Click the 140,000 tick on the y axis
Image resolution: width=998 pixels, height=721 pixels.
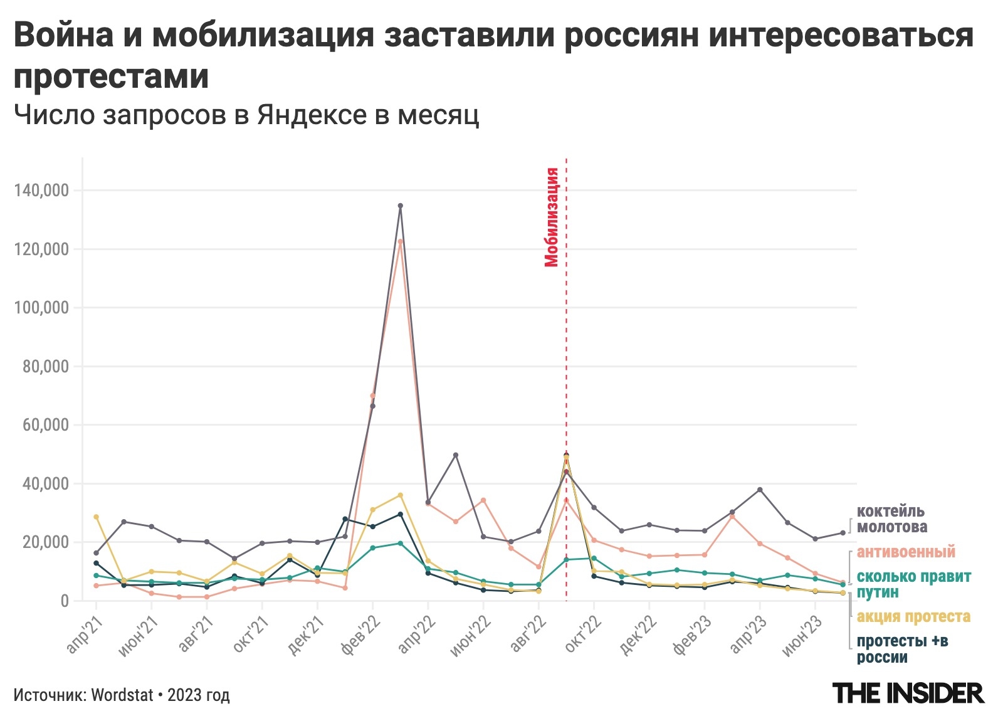[x=41, y=191]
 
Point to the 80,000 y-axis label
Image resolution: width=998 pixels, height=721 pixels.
[x=45, y=367]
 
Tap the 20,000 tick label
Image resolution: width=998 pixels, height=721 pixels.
[x=45, y=542]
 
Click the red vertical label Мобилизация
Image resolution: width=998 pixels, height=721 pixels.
[x=551, y=217]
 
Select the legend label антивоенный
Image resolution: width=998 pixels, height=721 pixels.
[x=906, y=552]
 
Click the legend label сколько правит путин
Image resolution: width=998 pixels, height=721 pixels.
[x=913, y=584]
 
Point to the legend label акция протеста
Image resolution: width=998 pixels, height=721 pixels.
[x=913, y=617]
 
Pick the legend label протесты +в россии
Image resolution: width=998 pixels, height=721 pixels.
[x=901, y=649]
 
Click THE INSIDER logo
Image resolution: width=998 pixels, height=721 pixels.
[x=908, y=693]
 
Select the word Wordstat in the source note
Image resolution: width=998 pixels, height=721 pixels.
[x=122, y=695]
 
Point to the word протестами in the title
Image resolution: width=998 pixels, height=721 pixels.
[x=112, y=76]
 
